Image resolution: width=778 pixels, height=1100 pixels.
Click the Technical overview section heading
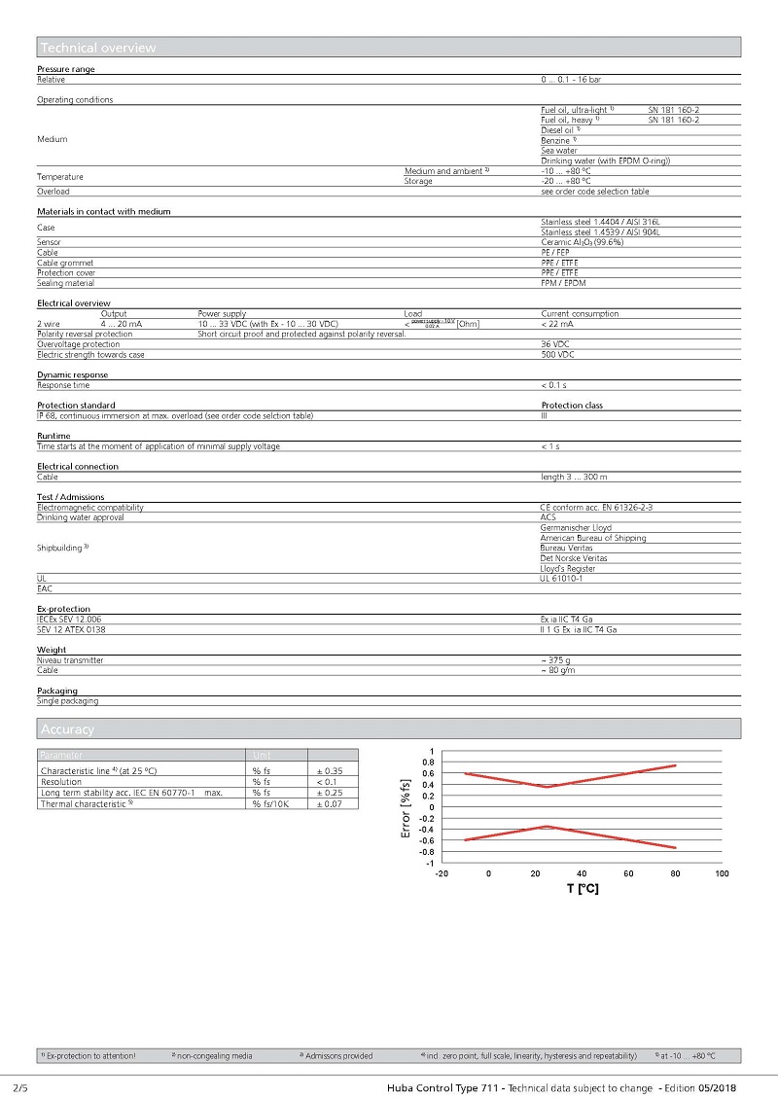pos(98,48)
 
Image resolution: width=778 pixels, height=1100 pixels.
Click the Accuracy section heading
pos(68,728)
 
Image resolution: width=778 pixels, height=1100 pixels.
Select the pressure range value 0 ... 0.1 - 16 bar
pos(578,79)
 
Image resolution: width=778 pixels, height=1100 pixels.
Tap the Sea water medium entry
pos(559,151)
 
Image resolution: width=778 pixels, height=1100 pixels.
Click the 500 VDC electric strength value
pos(558,355)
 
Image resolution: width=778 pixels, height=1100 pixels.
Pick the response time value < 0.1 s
pos(554,385)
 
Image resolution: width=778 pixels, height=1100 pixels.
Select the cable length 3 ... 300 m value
pos(574,477)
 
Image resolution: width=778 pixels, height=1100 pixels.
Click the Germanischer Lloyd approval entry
pos(577,528)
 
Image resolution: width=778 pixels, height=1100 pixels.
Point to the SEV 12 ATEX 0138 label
pos(71,629)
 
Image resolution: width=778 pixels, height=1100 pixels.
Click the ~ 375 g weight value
pos(555,660)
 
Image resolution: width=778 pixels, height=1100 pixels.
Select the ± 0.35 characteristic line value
pos(330,770)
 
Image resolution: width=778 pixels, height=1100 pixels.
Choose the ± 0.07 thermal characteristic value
pos(330,803)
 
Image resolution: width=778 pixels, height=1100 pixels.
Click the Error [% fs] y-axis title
pos(407,807)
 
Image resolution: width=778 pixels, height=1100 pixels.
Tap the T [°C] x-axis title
pos(583,889)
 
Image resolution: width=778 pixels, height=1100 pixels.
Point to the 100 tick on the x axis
pos(722,873)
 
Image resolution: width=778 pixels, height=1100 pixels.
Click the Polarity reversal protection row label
pos(85,334)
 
